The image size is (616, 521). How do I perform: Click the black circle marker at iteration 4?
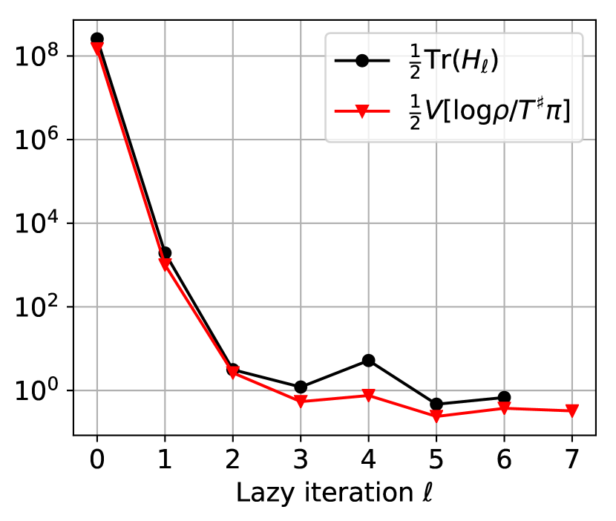coord(368,361)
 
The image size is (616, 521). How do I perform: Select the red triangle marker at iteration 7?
coord(571,410)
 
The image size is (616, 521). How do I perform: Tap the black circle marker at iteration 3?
coord(301,387)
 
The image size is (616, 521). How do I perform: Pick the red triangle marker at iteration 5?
coord(436,416)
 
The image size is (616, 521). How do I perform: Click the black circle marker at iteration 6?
coord(504,398)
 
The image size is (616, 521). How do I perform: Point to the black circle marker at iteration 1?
coord(165,253)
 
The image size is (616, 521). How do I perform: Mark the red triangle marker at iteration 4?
coord(368,396)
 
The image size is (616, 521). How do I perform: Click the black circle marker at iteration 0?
coord(97,39)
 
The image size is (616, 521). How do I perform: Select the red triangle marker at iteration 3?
coord(301,402)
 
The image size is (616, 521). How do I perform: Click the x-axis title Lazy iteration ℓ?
coord(334,492)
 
